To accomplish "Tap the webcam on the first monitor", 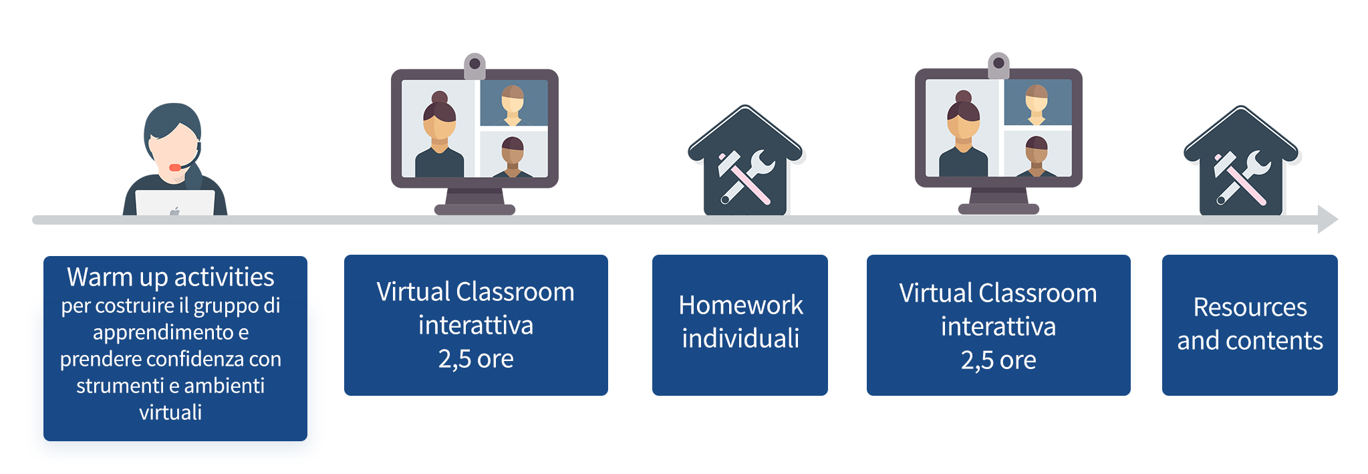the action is [474, 64].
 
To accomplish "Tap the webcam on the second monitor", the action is [998, 64].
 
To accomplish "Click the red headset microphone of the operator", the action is [175, 167].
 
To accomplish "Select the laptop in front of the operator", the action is [175, 203].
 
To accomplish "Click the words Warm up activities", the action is [170, 277].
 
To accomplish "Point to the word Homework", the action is [740, 305].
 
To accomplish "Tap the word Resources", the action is [1250, 307].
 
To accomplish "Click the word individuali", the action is [740, 338].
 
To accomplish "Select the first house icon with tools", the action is [746, 161].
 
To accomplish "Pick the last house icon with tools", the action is [1242, 161].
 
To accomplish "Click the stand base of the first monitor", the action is [474, 209].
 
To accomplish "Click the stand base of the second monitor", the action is [998, 209].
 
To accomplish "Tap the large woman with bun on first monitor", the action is [439, 137].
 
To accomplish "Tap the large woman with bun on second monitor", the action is [963, 136].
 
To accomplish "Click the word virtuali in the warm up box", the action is [170, 412].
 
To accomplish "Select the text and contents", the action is [1250, 340].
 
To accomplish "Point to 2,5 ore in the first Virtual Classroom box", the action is [476, 359].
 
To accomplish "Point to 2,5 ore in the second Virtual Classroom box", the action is [998, 360].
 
